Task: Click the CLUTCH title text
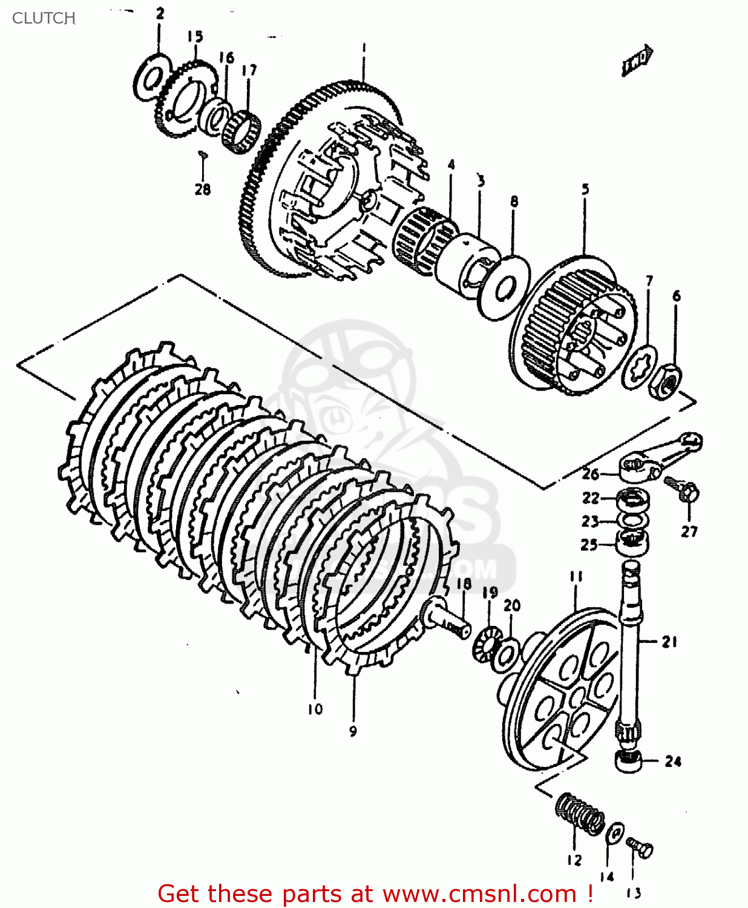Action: pos(44,18)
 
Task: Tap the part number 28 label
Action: pos(203,189)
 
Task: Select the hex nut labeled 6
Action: pos(664,381)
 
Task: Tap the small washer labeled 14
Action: pos(615,833)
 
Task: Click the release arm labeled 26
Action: pos(660,456)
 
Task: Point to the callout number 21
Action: pos(669,642)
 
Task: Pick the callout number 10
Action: pos(315,709)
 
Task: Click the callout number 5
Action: pos(585,189)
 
